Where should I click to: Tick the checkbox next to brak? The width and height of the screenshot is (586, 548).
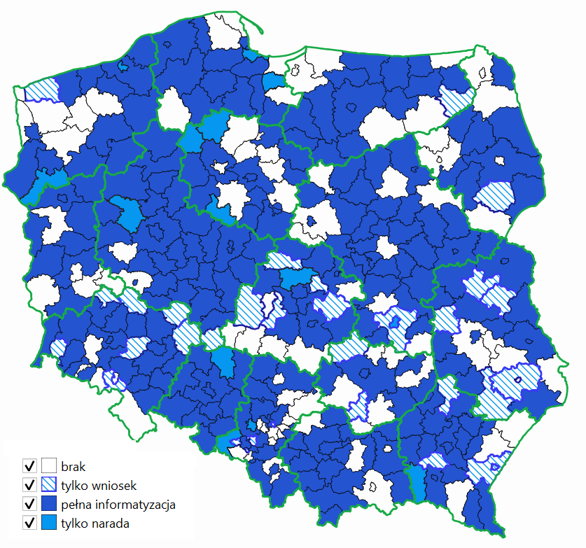point(29,465)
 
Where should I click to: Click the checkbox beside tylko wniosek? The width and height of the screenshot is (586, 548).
point(29,484)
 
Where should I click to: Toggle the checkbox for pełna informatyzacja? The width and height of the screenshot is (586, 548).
point(29,504)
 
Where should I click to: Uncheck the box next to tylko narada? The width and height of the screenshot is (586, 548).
point(29,523)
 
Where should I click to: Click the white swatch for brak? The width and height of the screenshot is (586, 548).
point(48,465)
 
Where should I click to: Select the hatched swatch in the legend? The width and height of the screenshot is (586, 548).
point(48,484)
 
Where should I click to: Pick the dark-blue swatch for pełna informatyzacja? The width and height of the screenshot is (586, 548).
point(48,504)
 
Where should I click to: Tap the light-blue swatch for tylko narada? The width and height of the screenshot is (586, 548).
point(48,523)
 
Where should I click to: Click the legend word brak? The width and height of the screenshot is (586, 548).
point(73,465)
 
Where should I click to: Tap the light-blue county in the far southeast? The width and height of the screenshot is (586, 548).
point(417,483)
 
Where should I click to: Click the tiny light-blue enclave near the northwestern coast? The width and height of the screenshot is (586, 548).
point(124,66)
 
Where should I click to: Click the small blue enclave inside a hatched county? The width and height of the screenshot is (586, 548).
point(394,323)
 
